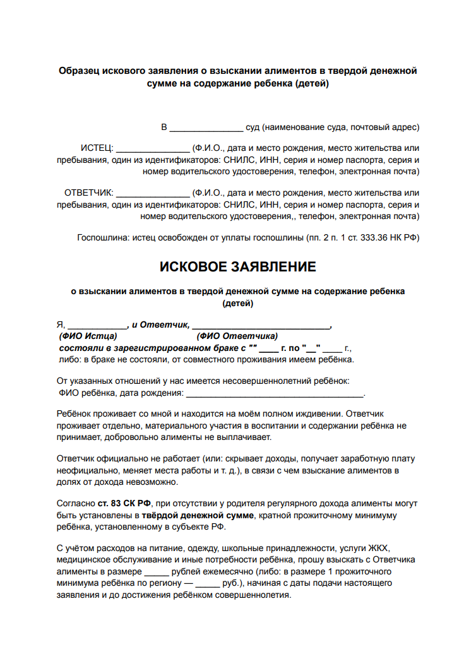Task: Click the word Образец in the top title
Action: click(x=80, y=71)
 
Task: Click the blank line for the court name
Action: click(x=206, y=128)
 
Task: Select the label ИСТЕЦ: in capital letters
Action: click(x=97, y=148)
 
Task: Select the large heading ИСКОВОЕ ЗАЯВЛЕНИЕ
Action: click(x=238, y=267)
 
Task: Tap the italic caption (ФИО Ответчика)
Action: click(x=237, y=336)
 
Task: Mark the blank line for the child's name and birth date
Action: click(x=275, y=394)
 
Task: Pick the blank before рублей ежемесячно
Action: click(x=157, y=572)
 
